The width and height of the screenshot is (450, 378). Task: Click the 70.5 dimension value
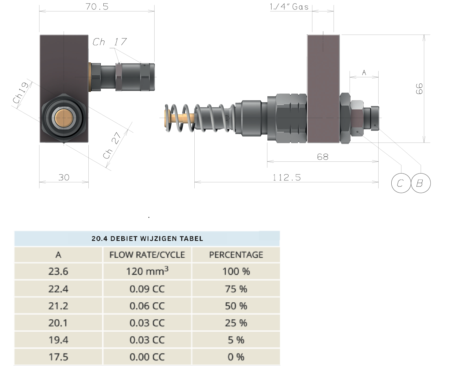click(97, 7)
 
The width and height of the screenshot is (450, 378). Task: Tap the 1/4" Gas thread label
click(289, 7)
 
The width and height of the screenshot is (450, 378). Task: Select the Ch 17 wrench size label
click(110, 42)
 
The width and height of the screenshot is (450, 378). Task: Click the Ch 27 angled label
click(112, 145)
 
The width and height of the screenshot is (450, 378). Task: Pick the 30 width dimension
click(64, 177)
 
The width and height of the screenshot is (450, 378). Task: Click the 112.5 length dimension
click(287, 177)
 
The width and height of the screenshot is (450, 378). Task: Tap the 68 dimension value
click(322, 157)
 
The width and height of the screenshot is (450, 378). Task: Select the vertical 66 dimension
click(419, 89)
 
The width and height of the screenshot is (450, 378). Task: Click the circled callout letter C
click(401, 183)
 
